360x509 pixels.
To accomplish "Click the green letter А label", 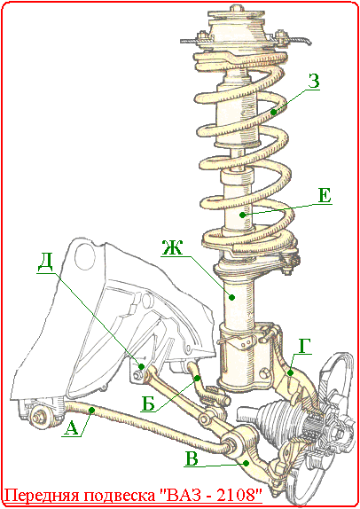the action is coord(72,429).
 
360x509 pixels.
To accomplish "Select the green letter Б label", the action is coord(148,404).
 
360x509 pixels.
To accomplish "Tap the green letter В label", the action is coord(192,459).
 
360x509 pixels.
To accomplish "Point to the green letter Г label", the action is coord(304,346).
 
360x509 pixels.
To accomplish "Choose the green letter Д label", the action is coord(46,265).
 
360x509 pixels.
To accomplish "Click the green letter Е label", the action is coord(325,196).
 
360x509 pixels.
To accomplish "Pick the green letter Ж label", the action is coord(172,248).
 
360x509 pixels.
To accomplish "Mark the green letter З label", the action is coord(314,82).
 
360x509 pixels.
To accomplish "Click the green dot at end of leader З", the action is coord(274,113).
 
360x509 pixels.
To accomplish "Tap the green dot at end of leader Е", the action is coord(242,215).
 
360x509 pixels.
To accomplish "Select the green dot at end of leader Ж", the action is coord(231,297).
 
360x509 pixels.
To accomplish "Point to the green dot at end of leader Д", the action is coord(142,366).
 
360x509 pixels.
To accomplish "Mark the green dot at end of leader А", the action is coord(92,411).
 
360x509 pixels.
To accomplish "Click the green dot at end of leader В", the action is coord(247,463).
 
